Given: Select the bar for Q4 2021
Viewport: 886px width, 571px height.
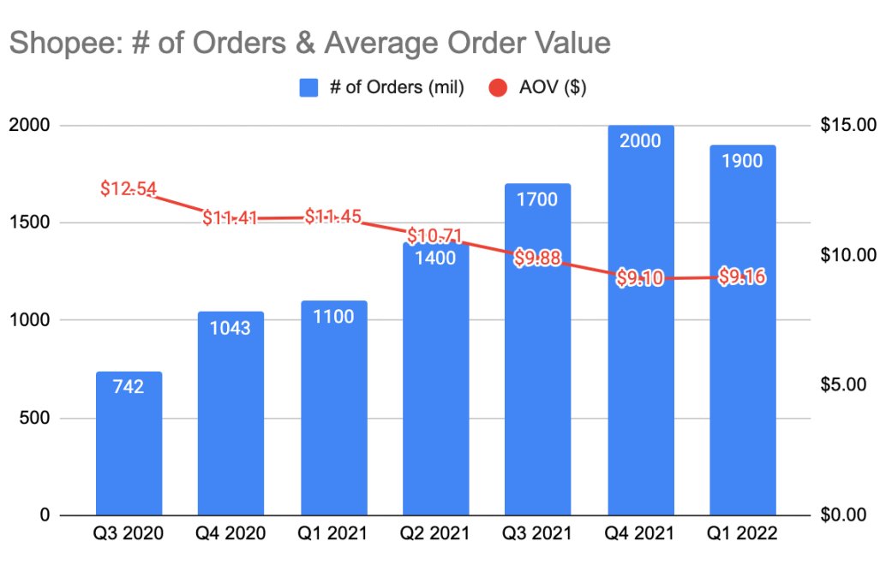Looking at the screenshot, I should pos(640,385).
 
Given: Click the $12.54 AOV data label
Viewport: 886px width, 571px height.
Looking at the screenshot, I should pos(129,188).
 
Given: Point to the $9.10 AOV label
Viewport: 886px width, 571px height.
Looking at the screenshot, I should pos(640,278).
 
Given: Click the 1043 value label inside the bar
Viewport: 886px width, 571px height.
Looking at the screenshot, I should pos(230,327).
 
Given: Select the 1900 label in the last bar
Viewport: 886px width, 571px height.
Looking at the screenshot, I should pos(742,161).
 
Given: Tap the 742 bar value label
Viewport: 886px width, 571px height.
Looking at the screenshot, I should pos(129,387).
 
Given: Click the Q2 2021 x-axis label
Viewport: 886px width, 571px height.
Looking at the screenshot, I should pos(435,533).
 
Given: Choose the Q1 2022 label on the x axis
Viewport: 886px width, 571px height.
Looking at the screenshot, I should pos(742,533).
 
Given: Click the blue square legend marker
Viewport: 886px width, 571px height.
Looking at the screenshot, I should pos(309,87).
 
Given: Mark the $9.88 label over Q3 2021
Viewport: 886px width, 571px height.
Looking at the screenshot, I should pos(537,258).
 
